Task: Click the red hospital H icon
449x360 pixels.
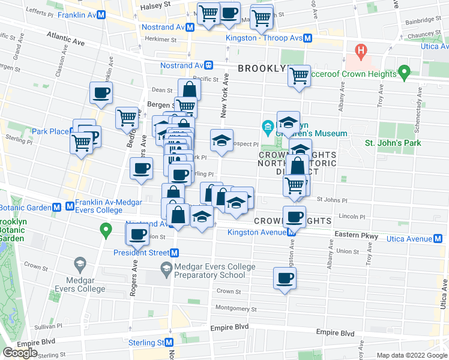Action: [361, 49]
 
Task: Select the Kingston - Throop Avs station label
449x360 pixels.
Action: [264, 38]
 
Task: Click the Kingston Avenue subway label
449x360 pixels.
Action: [255, 232]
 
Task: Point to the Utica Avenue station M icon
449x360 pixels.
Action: [441, 239]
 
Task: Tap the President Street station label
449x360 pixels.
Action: [141, 253]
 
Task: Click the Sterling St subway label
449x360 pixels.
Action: [146, 343]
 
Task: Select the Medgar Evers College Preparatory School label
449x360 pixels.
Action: [210, 271]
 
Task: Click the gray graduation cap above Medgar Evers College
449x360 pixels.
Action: [79, 263]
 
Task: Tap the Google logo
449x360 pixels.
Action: [20, 353]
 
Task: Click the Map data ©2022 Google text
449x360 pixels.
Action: [412, 355]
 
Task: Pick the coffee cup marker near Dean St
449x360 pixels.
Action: [101, 93]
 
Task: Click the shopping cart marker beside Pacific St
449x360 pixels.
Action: [298, 76]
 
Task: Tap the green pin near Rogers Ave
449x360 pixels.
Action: [107, 229]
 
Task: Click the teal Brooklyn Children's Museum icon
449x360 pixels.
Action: [268, 127]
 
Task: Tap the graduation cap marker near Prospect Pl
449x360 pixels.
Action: [221, 140]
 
